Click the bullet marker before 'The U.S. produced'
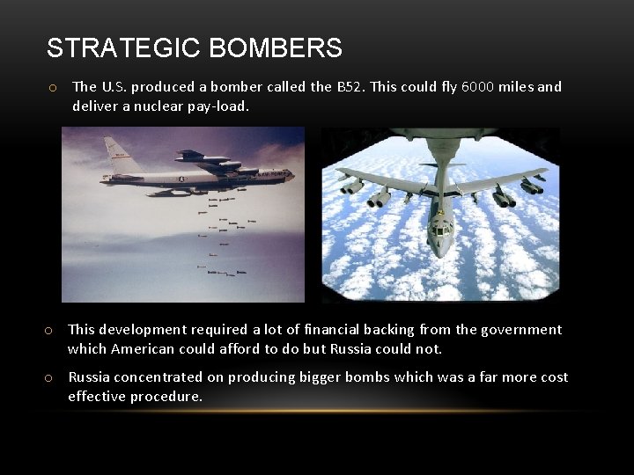(54, 87)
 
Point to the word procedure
(168, 397)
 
